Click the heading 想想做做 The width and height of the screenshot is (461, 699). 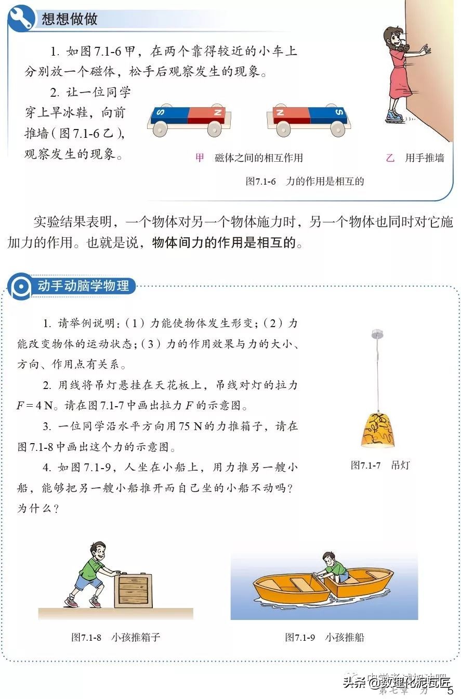click(x=69, y=20)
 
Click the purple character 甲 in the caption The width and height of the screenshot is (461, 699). click(x=200, y=158)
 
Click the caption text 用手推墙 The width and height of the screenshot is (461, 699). click(x=424, y=158)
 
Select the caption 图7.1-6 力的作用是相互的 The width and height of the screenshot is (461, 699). click(x=305, y=182)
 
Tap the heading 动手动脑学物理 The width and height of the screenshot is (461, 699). click(x=83, y=286)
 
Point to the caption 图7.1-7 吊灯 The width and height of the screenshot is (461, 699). click(x=379, y=465)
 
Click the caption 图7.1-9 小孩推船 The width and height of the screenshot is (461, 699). click(x=324, y=637)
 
